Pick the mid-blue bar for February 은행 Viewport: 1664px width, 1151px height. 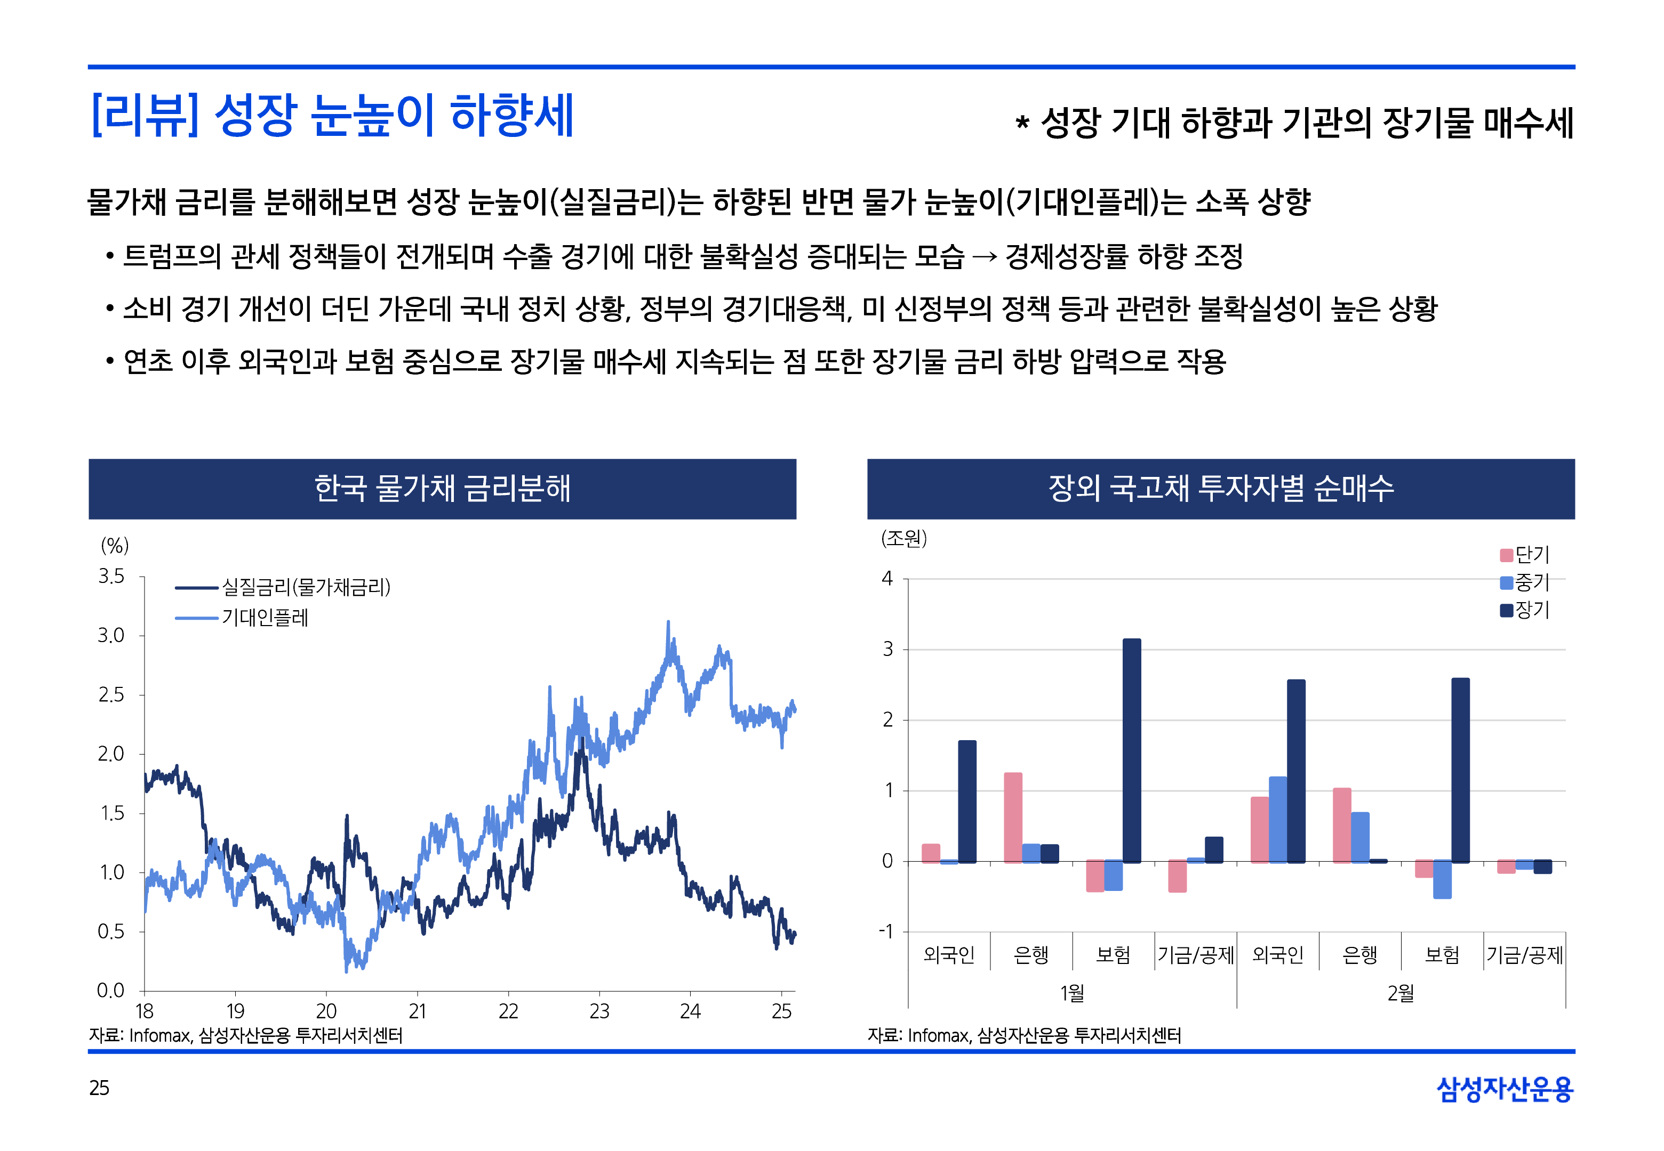pos(1359,837)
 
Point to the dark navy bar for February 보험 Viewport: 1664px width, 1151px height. pos(1460,769)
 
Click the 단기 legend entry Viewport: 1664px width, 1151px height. pos(1524,555)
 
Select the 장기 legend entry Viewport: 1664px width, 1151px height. pos(1524,610)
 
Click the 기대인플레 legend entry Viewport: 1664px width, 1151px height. pos(242,617)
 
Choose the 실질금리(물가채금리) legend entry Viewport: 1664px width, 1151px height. pos(283,587)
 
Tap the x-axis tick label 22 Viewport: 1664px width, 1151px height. pos(508,1011)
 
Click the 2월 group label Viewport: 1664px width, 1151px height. pos(1400,993)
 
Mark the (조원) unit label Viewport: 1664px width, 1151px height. pos(903,538)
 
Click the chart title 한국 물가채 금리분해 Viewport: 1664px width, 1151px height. pos(442,488)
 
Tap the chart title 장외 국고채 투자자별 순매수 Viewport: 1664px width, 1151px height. pos(1220,488)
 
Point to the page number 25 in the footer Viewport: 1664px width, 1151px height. pos(99,1088)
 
